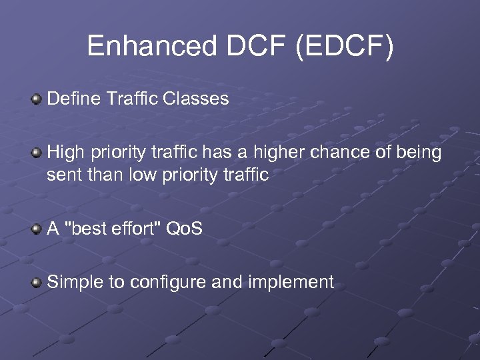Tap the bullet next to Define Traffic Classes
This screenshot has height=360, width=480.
[37, 100]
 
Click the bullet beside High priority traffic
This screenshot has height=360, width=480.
[37, 153]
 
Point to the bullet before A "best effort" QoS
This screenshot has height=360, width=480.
[37, 229]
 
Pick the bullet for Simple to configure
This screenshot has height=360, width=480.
[37, 283]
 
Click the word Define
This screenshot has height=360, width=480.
[73, 99]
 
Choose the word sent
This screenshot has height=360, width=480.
[61, 175]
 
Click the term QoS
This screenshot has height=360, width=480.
[184, 229]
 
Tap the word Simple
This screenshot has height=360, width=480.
[75, 283]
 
